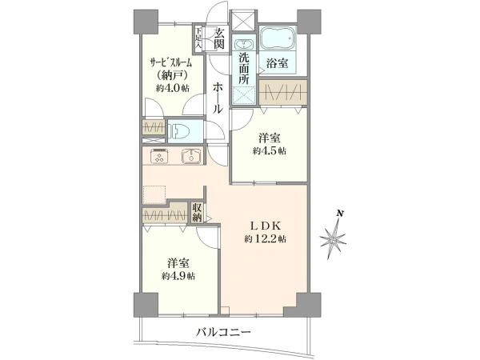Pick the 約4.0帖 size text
pyautogui.click(x=172, y=88)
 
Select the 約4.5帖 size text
pyautogui.click(x=270, y=150)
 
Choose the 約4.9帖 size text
pyautogui.click(x=178, y=276)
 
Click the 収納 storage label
pyautogui.click(x=198, y=214)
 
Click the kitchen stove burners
pyautogui.click(x=157, y=157)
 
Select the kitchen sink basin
pyautogui.click(x=191, y=157)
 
